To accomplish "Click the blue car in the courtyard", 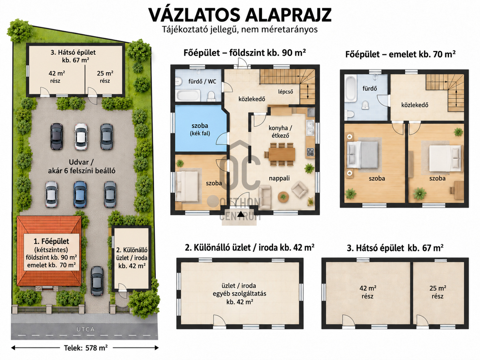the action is tap(80, 194).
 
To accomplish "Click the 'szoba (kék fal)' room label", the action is tap(200, 129).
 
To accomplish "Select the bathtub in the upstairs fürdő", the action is tap(351, 89).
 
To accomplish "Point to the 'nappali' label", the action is tap(279, 178).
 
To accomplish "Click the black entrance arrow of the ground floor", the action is tap(241, 213).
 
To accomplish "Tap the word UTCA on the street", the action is tap(86, 330).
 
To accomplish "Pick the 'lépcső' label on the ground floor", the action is tap(285, 92).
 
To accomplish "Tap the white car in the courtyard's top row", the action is tap(81, 136).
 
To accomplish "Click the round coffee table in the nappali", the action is tap(283, 197).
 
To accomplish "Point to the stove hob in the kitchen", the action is tap(310, 152).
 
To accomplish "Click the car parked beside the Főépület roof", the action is tap(97, 281).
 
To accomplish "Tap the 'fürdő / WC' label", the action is tap(202, 82).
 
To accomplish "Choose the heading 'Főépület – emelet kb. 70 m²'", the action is tap(400, 54).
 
